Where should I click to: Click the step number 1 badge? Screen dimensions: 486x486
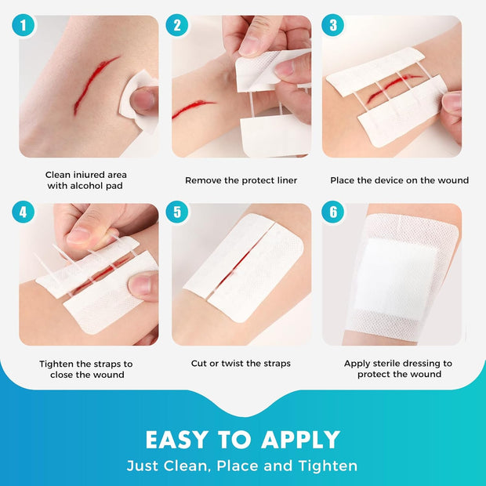[x=24, y=25]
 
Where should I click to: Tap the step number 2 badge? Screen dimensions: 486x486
[x=177, y=25]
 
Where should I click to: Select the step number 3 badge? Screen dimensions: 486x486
[x=333, y=25]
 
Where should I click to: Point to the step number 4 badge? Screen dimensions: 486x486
[x=24, y=212]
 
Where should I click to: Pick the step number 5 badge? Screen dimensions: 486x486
[x=177, y=212]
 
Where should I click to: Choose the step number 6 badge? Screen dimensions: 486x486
[x=333, y=212]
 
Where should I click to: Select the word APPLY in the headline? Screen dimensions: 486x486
[x=300, y=439]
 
